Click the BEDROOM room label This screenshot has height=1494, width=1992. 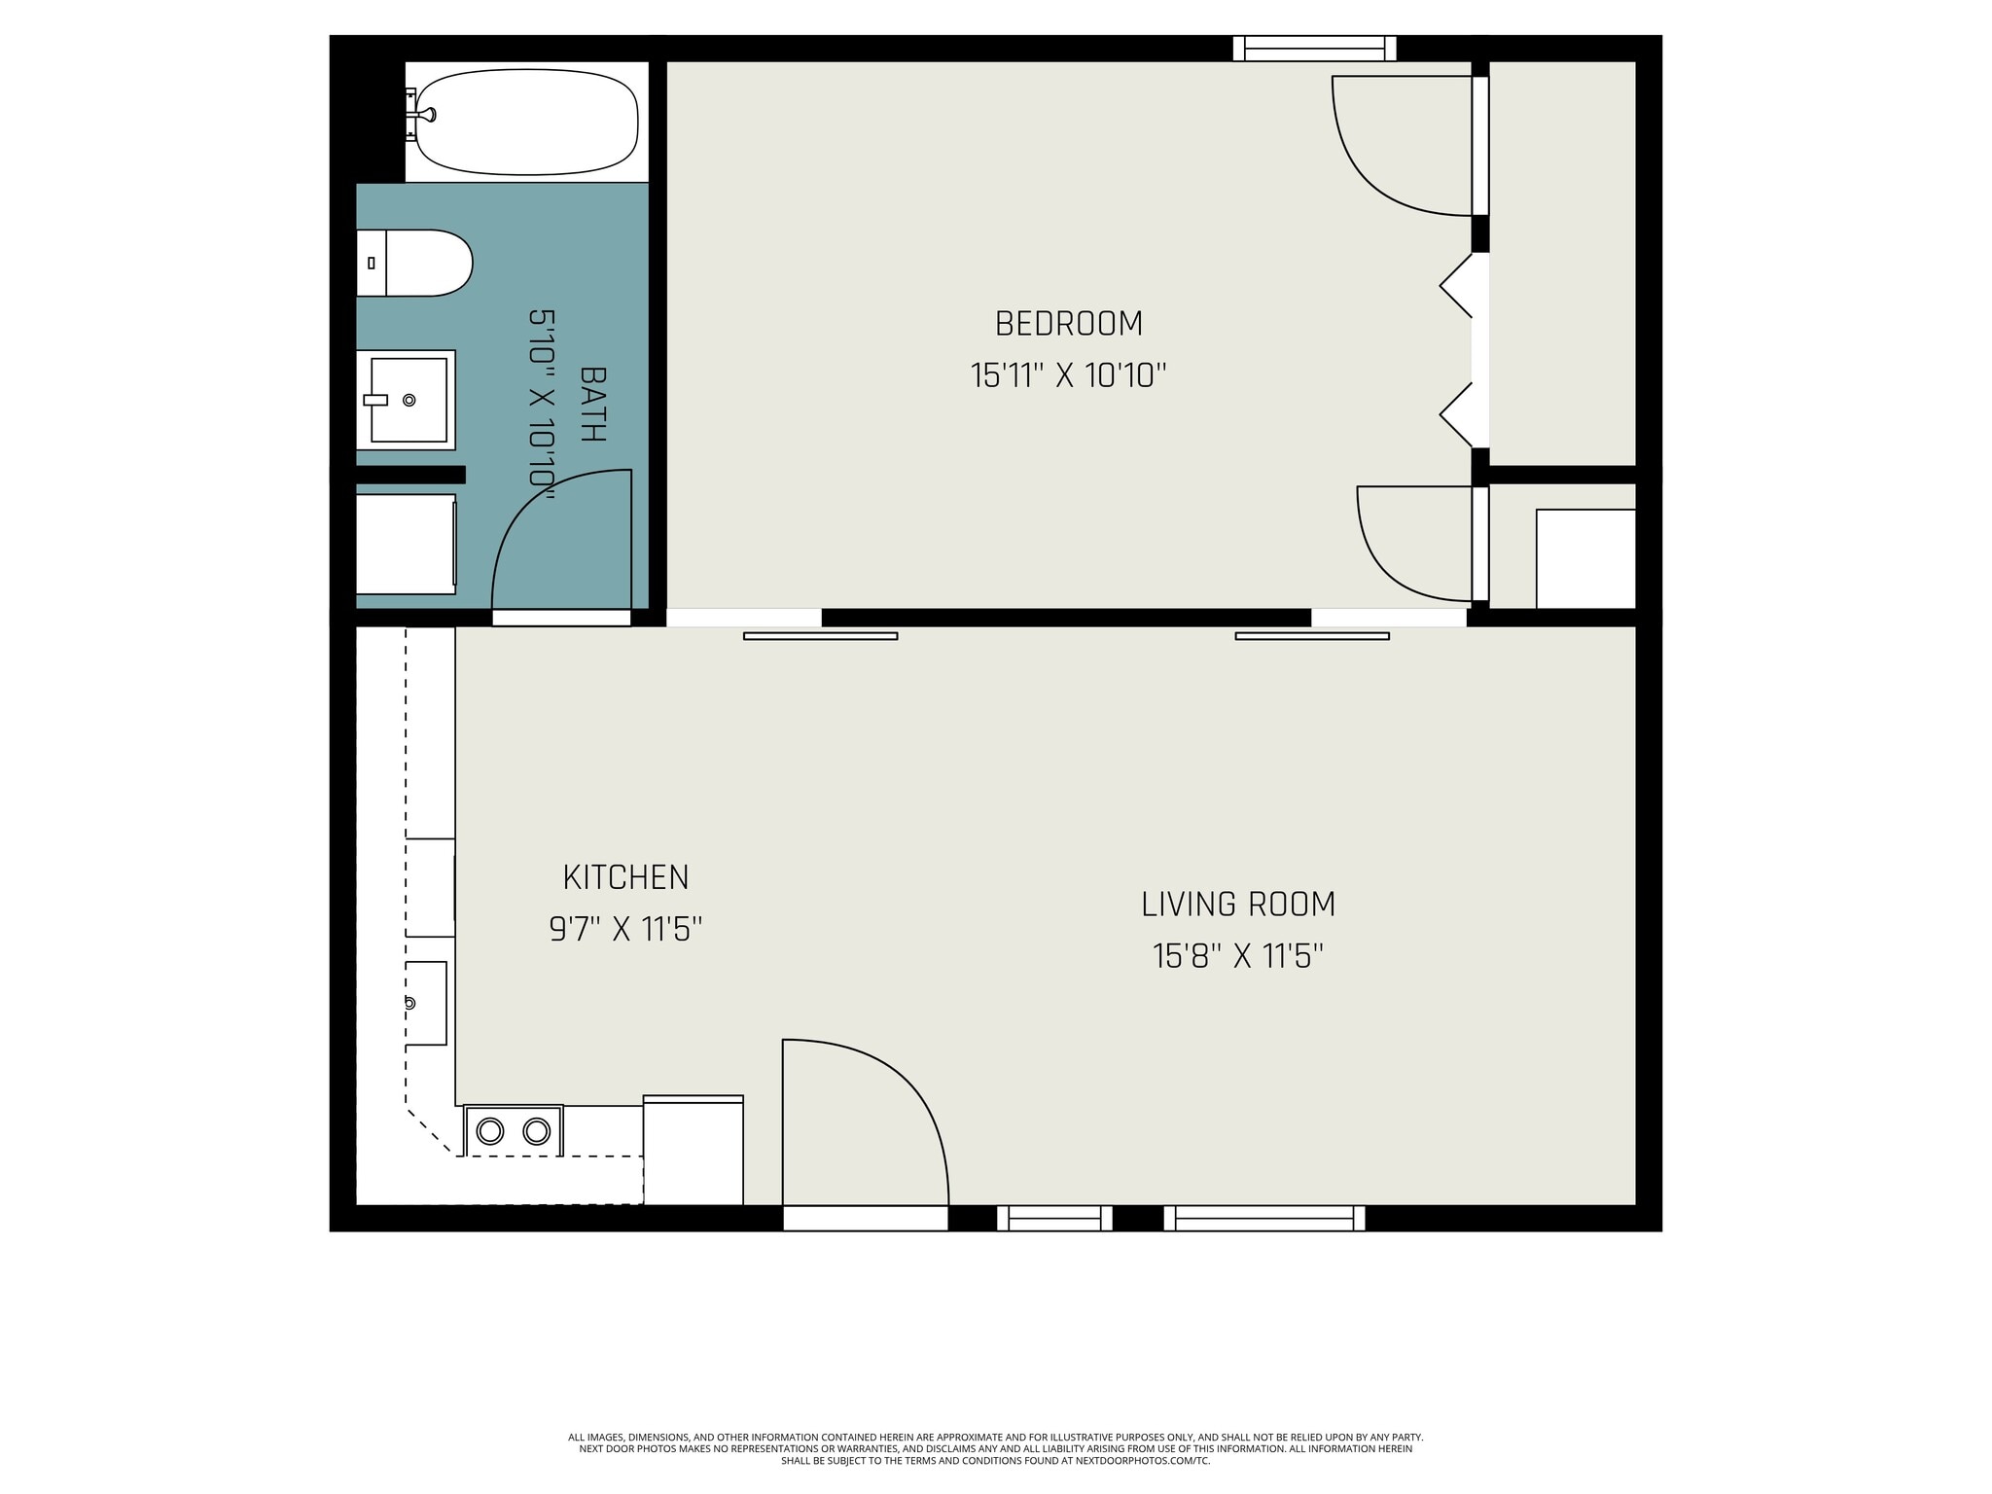pos(1068,324)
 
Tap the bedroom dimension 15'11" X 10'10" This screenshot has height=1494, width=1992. pos(1068,375)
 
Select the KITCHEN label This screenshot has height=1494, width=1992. pos(625,877)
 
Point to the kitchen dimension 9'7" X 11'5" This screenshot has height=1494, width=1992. pos(625,930)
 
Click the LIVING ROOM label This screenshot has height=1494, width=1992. pos(1237,905)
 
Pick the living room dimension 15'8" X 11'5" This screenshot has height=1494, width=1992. pos(1237,957)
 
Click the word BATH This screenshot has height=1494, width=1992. pos(592,404)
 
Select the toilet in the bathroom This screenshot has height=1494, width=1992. pos(418,263)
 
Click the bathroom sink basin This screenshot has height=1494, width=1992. pos(409,400)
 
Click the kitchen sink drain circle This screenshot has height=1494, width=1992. pos(409,1003)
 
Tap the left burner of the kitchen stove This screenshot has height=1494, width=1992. pos(489,1131)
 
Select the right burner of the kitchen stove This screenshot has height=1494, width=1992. pos(537,1131)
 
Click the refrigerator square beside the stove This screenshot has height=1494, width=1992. pos(693,1151)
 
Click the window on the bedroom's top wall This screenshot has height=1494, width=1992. pos(1314,49)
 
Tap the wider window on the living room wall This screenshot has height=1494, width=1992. pos(1263,1218)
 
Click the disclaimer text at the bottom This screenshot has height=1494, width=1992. pos(995,1448)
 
